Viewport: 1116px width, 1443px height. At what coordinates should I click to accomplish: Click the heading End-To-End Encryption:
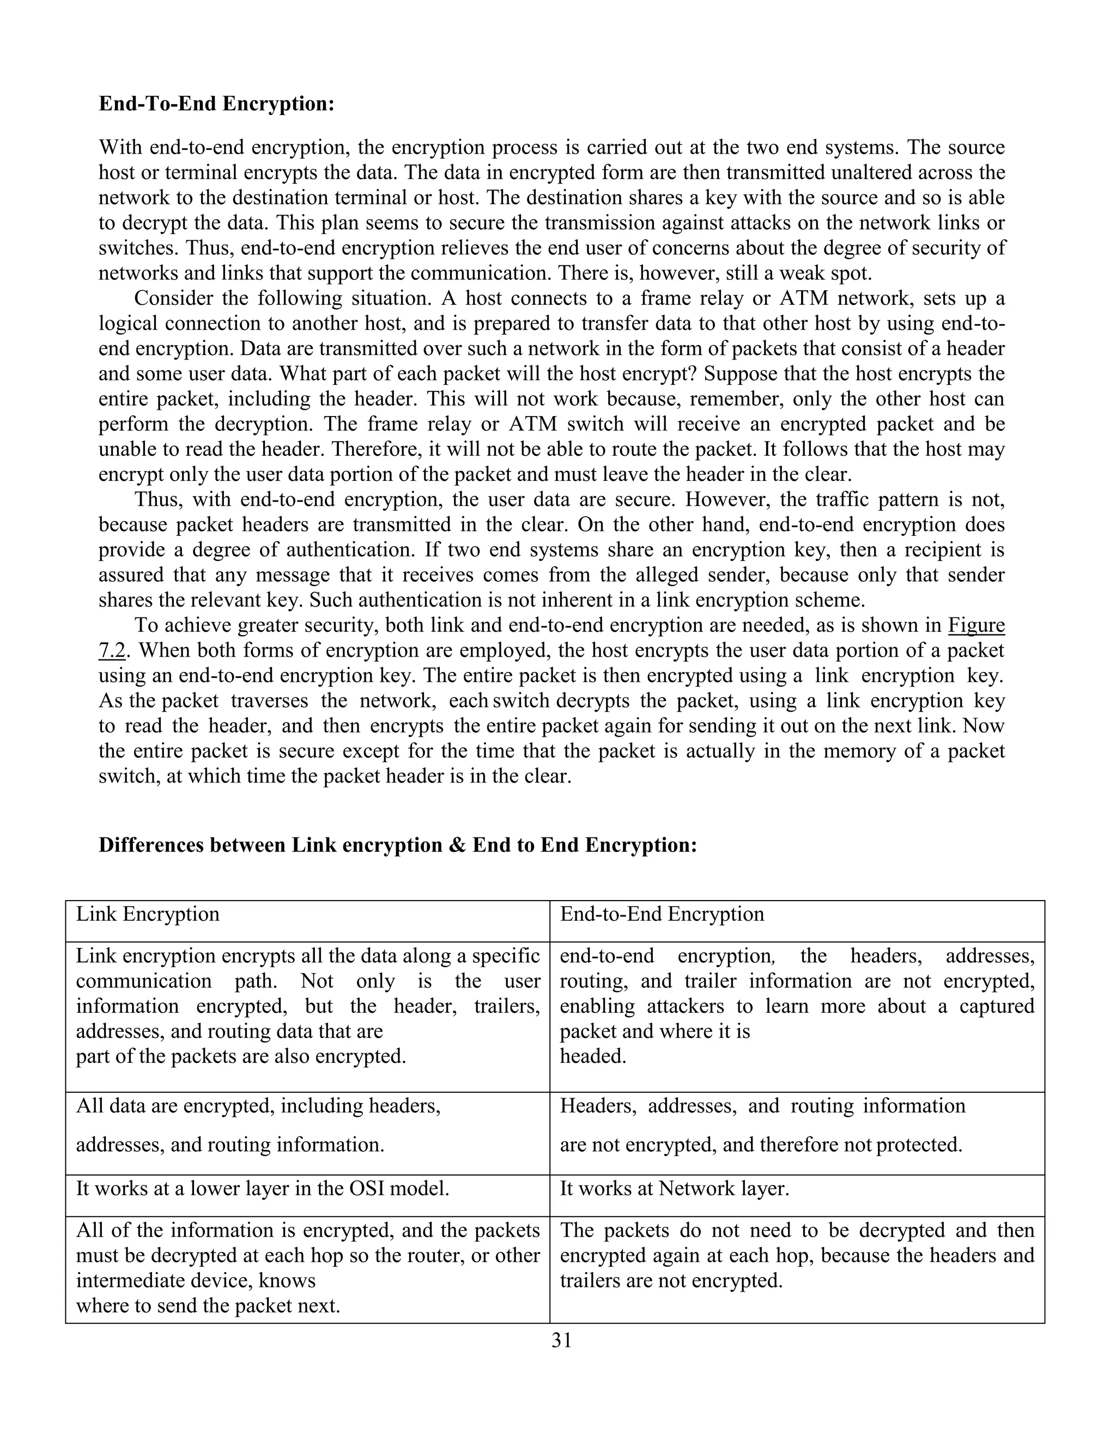pos(216,105)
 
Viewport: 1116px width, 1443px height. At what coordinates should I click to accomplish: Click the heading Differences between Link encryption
pos(397,846)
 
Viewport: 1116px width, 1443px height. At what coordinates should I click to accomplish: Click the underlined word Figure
pos(976,625)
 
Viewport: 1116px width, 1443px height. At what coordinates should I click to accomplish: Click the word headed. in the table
pos(593,1056)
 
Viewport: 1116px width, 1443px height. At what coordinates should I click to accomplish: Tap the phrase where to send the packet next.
pos(208,1306)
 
